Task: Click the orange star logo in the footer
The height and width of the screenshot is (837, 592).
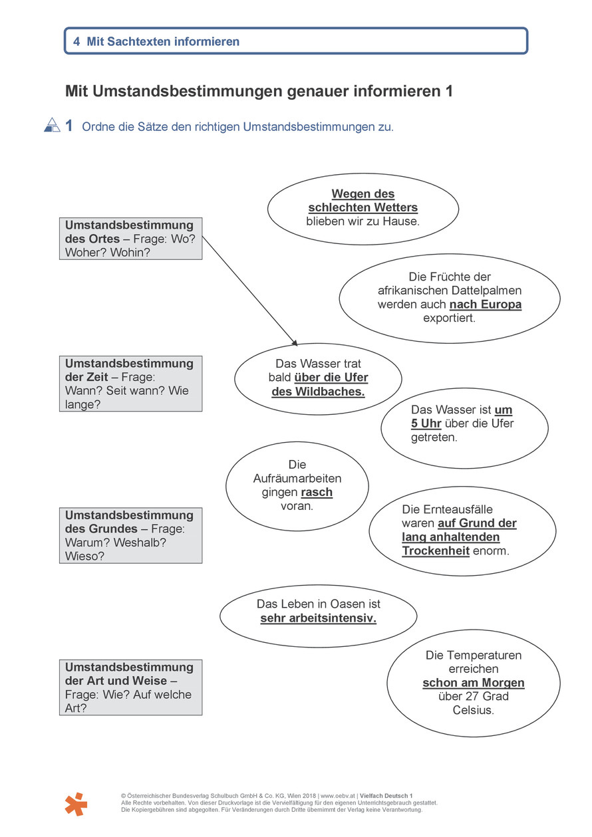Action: [x=76, y=804]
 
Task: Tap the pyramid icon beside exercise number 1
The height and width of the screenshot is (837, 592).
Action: [x=52, y=125]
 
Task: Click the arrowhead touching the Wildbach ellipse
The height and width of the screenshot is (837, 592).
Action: [x=295, y=342]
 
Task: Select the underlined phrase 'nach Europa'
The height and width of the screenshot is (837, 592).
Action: [x=485, y=304]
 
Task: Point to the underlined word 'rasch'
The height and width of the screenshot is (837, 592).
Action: [x=317, y=492]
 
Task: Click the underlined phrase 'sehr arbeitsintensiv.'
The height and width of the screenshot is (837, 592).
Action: [x=318, y=618]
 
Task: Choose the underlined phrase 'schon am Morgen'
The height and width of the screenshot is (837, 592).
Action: [x=474, y=683]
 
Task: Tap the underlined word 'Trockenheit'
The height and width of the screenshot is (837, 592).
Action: [x=436, y=550]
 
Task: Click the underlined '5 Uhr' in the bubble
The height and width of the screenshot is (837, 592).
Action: [x=426, y=423]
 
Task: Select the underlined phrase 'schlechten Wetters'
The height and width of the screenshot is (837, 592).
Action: [x=363, y=207]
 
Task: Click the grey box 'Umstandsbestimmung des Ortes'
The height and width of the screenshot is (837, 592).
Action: [x=130, y=239]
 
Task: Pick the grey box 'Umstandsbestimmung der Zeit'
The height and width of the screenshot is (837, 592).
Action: [x=130, y=384]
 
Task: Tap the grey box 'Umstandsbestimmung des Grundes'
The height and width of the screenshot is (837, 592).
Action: [x=130, y=535]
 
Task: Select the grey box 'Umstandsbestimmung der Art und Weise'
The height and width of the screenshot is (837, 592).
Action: [x=130, y=687]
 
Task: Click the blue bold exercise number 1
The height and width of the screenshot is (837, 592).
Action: [x=69, y=126]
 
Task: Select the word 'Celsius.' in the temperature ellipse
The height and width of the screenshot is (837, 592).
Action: [x=474, y=710]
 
